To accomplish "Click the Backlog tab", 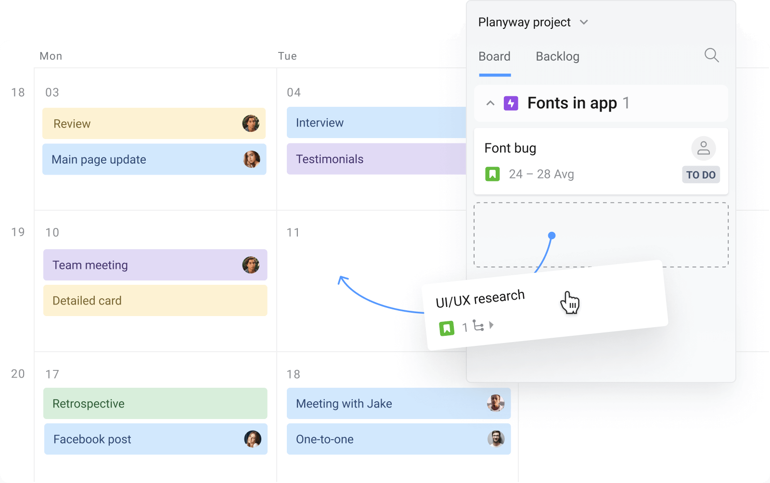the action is pyautogui.click(x=558, y=56).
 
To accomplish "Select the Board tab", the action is pyautogui.click(x=494, y=56).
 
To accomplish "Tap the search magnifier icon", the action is pyautogui.click(x=712, y=55).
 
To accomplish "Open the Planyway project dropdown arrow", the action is pyautogui.click(x=584, y=23).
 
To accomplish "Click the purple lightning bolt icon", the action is pyautogui.click(x=511, y=103).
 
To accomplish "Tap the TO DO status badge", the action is pyautogui.click(x=701, y=175).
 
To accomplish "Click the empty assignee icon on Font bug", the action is pyautogui.click(x=704, y=148).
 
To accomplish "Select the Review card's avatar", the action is pyautogui.click(x=251, y=123).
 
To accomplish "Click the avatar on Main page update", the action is pyautogui.click(x=252, y=159).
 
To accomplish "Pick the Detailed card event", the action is pyautogui.click(x=155, y=301).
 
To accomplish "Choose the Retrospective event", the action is pyautogui.click(x=155, y=403).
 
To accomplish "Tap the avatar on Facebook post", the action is pyautogui.click(x=253, y=439).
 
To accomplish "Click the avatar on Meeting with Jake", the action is pyautogui.click(x=496, y=403).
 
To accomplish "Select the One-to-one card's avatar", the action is pyautogui.click(x=496, y=439).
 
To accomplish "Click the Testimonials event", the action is pyautogui.click(x=376, y=159).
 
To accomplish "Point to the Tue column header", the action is pyautogui.click(x=287, y=56).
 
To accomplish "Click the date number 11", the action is pyautogui.click(x=293, y=232).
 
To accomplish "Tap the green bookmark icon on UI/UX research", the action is pyautogui.click(x=447, y=329).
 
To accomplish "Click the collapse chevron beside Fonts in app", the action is pyautogui.click(x=490, y=103).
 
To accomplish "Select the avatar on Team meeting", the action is pyautogui.click(x=251, y=265).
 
